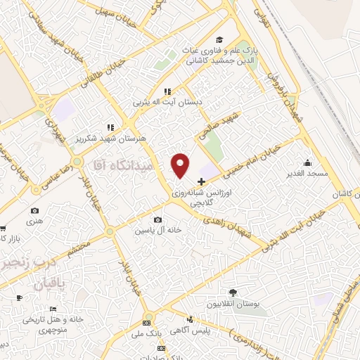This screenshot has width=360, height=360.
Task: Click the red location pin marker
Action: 181,165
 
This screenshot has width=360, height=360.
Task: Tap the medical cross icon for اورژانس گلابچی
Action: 202,181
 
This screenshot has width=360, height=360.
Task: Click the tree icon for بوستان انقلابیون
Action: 232,292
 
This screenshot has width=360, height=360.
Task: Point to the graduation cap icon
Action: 219,40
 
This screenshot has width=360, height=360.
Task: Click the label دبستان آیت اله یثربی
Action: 169,103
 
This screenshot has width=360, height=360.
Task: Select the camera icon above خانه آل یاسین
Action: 166,219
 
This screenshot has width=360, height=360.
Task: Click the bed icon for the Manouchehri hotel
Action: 52,309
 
